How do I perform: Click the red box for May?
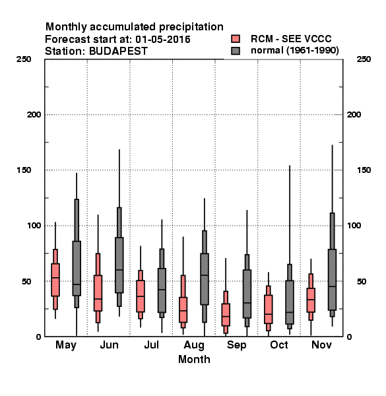click(55, 280)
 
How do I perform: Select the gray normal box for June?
click(119, 265)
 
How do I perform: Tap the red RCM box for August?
click(183, 310)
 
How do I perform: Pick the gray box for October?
click(290, 302)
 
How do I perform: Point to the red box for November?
click(311, 300)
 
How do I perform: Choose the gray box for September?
click(247, 294)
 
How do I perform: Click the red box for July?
click(141, 296)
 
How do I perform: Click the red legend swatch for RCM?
click(236, 39)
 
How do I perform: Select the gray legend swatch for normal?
click(236, 51)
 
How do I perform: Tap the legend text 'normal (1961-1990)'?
click(294, 51)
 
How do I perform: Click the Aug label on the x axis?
click(194, 345)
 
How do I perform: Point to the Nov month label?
click(321, 345)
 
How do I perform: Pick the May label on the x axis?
click(66, 345)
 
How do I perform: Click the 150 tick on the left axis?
click(24, 170)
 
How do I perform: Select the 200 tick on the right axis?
click(354, 115)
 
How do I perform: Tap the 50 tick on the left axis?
click(26, 281)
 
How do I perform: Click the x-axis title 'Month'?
click(194, 360)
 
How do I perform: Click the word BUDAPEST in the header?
click(118, 51)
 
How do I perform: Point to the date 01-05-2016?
click(163, 40)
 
